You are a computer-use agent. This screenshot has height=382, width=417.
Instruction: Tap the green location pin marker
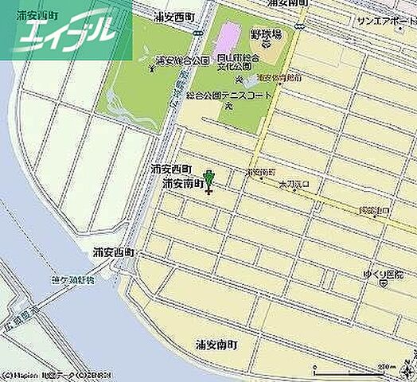pyautogui.click(x=209, y=178)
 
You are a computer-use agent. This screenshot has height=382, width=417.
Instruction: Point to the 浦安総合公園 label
pyautogui.click(x=182, y=60)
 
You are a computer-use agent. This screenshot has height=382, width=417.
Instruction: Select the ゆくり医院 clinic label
pyautogui.click(x=391, y=270)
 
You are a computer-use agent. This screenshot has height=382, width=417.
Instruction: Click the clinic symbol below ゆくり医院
pyautogui.click(x=384, y=281)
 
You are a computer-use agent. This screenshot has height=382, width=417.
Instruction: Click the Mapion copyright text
pyautogui.click(x=56, y=375)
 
